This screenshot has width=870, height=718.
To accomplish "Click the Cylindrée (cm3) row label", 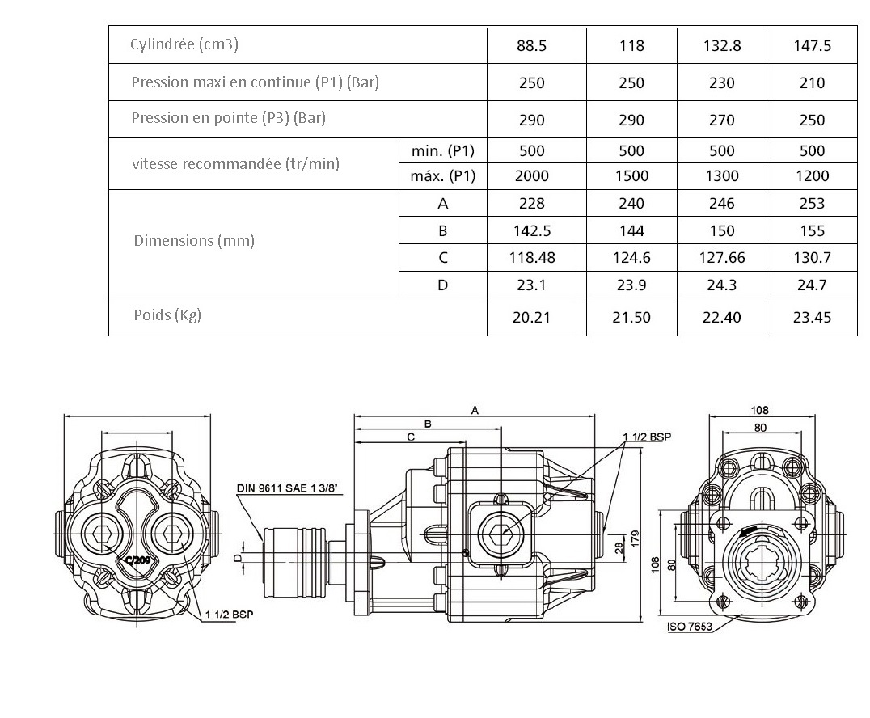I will (184, 44).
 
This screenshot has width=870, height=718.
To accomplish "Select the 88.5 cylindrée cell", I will (531, 46).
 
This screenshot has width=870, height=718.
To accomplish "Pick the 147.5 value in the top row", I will (812, 46).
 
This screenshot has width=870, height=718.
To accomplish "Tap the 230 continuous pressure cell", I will (721, 83).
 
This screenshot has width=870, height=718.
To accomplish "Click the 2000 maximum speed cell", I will (531, 176).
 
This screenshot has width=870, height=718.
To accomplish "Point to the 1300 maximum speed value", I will (721, 176).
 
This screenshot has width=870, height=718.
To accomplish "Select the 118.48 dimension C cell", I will (531, 258).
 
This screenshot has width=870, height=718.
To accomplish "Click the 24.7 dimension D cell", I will (812, 285).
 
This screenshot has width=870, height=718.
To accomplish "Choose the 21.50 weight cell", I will (631, 318).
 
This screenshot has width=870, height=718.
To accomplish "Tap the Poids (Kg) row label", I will (167, 315).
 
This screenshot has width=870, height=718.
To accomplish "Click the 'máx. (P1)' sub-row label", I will (443, 176).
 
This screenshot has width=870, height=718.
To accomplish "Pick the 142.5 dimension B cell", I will (531, 231).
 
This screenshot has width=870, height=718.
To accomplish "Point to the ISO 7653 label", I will (689, 627).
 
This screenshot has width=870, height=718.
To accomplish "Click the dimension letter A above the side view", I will (475, 411).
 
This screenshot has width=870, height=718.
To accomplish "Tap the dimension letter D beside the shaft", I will (237, 557).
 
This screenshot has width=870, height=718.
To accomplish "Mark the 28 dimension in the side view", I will (619, 549).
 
